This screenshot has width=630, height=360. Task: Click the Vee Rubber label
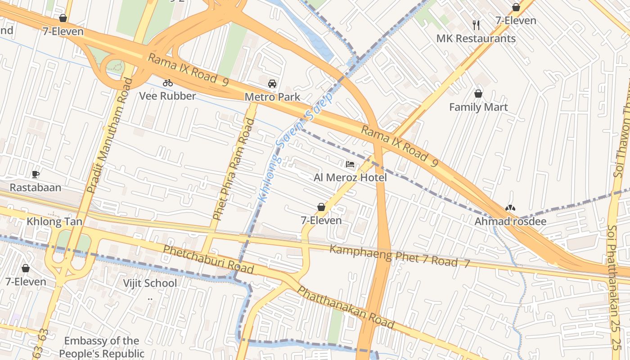point(167,96)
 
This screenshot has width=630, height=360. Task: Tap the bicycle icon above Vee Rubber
point(168,83)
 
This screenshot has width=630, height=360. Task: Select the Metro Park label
point(272,97)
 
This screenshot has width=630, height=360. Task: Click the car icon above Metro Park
point(272,84)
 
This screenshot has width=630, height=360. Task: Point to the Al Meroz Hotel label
point(350,177)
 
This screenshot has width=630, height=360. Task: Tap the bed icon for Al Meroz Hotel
point(350,164)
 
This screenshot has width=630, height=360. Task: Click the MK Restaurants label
point(476,38)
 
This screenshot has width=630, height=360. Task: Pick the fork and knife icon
point(477,25)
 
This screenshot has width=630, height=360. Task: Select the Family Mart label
point(478,107)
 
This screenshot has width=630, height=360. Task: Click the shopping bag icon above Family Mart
point(478,94)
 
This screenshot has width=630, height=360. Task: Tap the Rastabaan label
point(36,187)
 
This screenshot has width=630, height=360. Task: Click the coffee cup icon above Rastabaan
point(36,174)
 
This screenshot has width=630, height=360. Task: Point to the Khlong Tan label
point(48,221)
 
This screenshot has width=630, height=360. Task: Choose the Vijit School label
point(150,283)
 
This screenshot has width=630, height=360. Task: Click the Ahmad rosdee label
point(510,221)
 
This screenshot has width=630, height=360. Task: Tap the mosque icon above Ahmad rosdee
point(510,208)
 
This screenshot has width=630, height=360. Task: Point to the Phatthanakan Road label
point(345,308)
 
